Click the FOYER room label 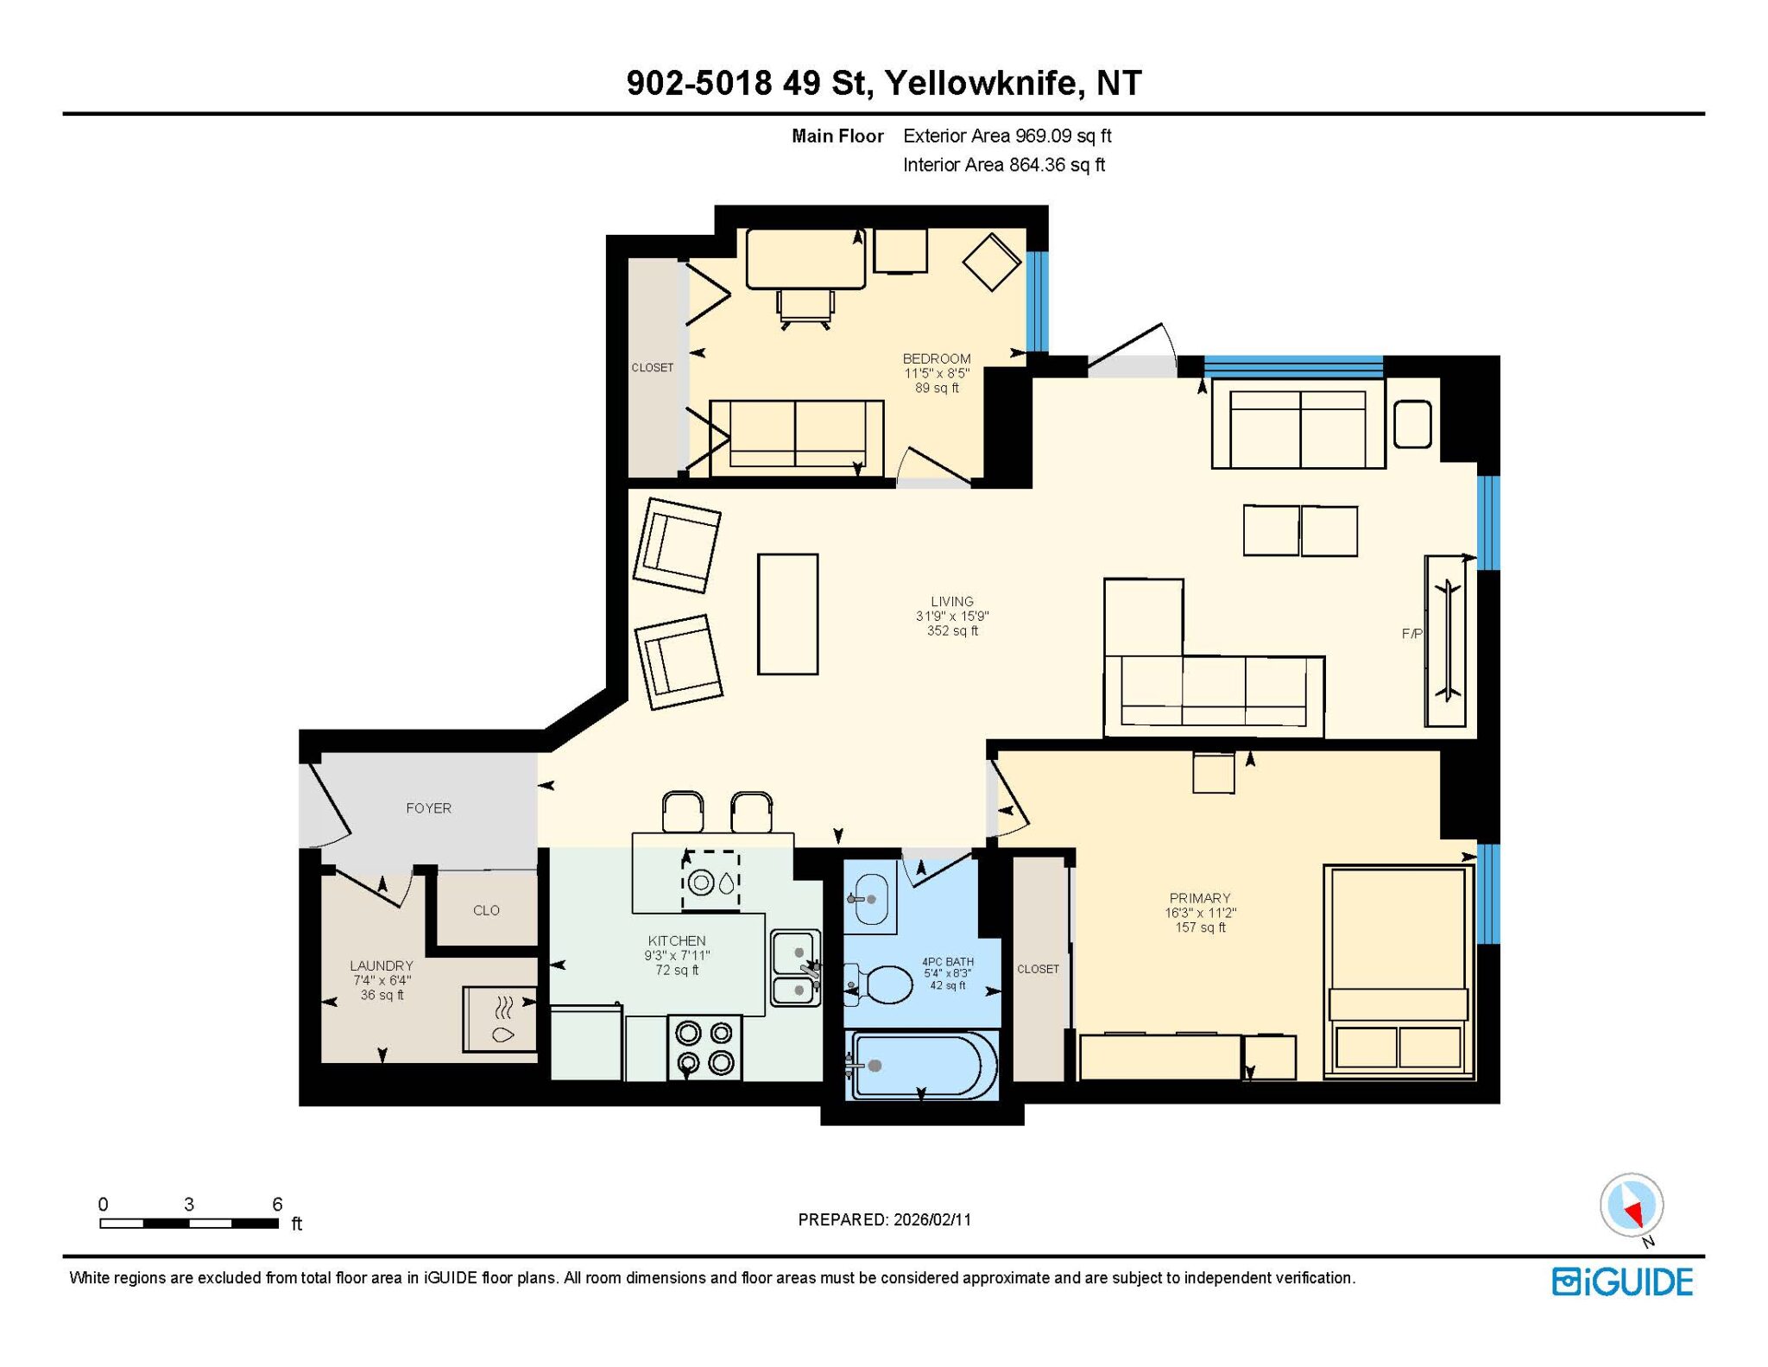tap(428, 808)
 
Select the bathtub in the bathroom tap(922, 1066)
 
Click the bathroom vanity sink tap(869, 899)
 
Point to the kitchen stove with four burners tap(704, 1047)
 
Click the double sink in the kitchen tap(795, 968)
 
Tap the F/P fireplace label tap(1411, 634)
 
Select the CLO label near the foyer tap(486, 910)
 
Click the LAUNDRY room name tap(382, 965)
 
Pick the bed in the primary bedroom tap(1397, 971)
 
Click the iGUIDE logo tap(1623, 1282)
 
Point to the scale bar tap(189, 1223)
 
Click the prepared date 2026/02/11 tap(932, 1219)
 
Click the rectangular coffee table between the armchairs tap(787, 614)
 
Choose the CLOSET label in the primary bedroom tap(1038, 969)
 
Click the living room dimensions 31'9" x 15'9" tap(952, 616)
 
